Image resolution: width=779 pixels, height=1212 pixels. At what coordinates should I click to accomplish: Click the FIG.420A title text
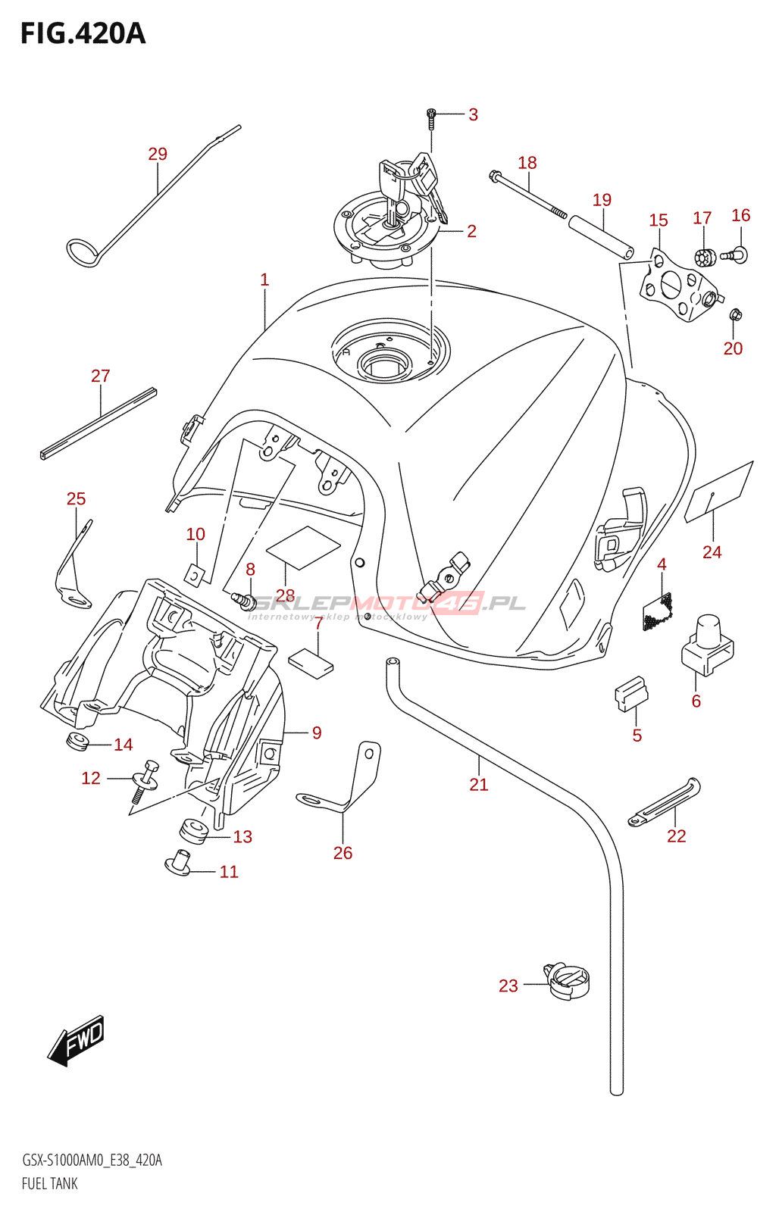(x=83, y=34)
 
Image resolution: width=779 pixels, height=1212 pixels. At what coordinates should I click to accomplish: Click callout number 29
(x=158, y=154)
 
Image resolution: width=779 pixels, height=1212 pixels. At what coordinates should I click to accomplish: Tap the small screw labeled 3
(x=431, y=117)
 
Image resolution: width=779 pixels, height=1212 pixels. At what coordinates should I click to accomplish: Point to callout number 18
(x=527, y=163)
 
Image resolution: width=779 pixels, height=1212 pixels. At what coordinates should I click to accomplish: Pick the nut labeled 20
(x=734, y=314)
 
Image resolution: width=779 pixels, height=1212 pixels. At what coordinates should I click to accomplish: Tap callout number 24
(x=712, y=552)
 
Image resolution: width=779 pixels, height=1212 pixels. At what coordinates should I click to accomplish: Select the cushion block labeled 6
(x=708, y=644)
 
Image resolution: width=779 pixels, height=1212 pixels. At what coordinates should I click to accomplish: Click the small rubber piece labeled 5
(x=630, y=693)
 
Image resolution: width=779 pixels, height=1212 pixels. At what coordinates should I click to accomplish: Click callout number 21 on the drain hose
(x=479, y=785)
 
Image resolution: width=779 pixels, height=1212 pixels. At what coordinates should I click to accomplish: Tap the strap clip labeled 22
(x=665, y=803)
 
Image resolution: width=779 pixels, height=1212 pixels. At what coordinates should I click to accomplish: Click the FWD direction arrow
(x=77, y=1040)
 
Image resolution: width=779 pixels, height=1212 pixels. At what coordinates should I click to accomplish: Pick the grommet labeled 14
(x=77, y=741)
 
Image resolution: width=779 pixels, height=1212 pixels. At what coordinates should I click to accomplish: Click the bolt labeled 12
(x=144, y=780)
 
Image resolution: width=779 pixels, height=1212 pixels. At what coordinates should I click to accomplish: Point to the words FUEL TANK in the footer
(x=50, y=1183)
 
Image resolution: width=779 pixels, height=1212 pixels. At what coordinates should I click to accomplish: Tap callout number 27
(x=101, y=376)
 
